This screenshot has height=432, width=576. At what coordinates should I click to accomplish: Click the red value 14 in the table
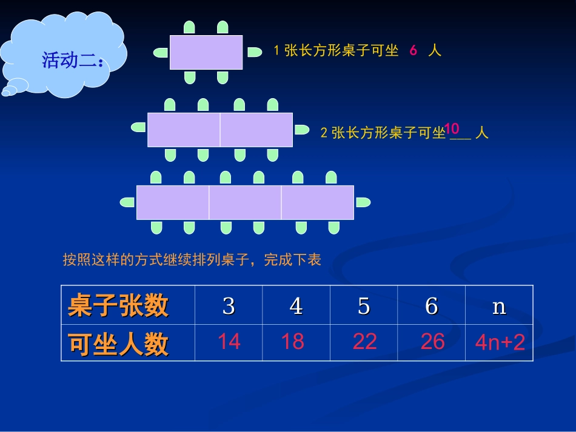[229, 342]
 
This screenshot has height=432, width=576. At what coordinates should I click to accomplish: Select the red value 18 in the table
[292, 342]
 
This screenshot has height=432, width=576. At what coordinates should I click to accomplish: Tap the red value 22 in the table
[364, 342]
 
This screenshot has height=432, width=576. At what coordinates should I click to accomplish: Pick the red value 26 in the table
[432, 342]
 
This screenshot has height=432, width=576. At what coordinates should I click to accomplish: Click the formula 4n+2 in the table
[500, 343]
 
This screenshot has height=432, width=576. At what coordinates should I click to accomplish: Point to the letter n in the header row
[499, 306]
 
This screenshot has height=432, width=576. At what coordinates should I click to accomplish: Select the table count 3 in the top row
[229, 306]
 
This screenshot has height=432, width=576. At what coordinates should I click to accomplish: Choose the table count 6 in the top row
[432, 306]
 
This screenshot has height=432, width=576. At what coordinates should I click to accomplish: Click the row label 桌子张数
[118, 305]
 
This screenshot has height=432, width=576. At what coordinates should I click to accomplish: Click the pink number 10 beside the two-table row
[452, 128]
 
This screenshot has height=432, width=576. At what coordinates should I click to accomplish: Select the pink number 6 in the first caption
[413, 51]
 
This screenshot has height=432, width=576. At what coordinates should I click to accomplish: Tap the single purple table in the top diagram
[206, 52]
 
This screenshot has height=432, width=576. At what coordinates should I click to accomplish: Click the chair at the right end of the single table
[254, 52]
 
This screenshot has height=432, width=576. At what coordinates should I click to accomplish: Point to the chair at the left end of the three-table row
[127, 202]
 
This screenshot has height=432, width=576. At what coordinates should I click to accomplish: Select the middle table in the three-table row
[245, 202]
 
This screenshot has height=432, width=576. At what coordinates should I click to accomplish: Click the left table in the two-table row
[184, 130]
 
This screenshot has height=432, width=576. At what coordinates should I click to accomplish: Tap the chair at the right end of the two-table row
[301, 130]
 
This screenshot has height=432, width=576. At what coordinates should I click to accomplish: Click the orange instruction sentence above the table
[192, 260]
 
